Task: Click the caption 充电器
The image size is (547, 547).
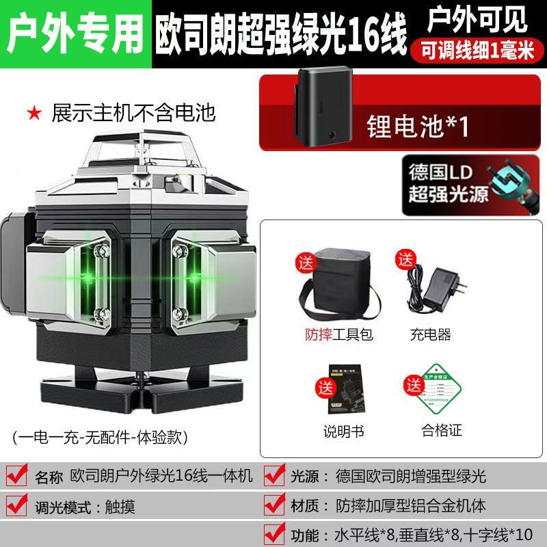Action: point(431,335)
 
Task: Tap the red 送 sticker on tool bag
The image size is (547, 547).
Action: point(304,263)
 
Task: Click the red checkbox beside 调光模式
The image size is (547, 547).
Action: point(16,507)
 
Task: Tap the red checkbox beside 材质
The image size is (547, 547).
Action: point(273,507)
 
